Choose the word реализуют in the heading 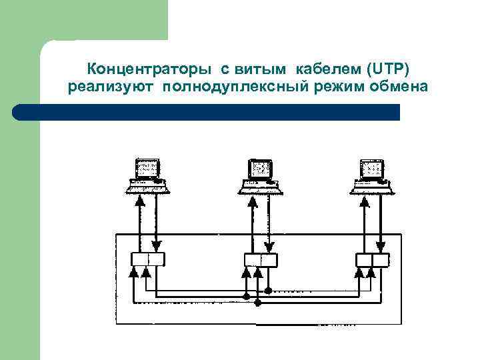click(x=110, y=88)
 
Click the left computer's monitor click(x=147, y=168)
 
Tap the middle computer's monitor click(x=260, y=168)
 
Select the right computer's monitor click(x=371, y=168)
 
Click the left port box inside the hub click(x=147, y=259)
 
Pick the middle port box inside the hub click(x=260, y=259)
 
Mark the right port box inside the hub click(x=371, y=259)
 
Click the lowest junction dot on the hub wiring click(x=257, y=303)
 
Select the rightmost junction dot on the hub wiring click(x=268, y=290)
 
